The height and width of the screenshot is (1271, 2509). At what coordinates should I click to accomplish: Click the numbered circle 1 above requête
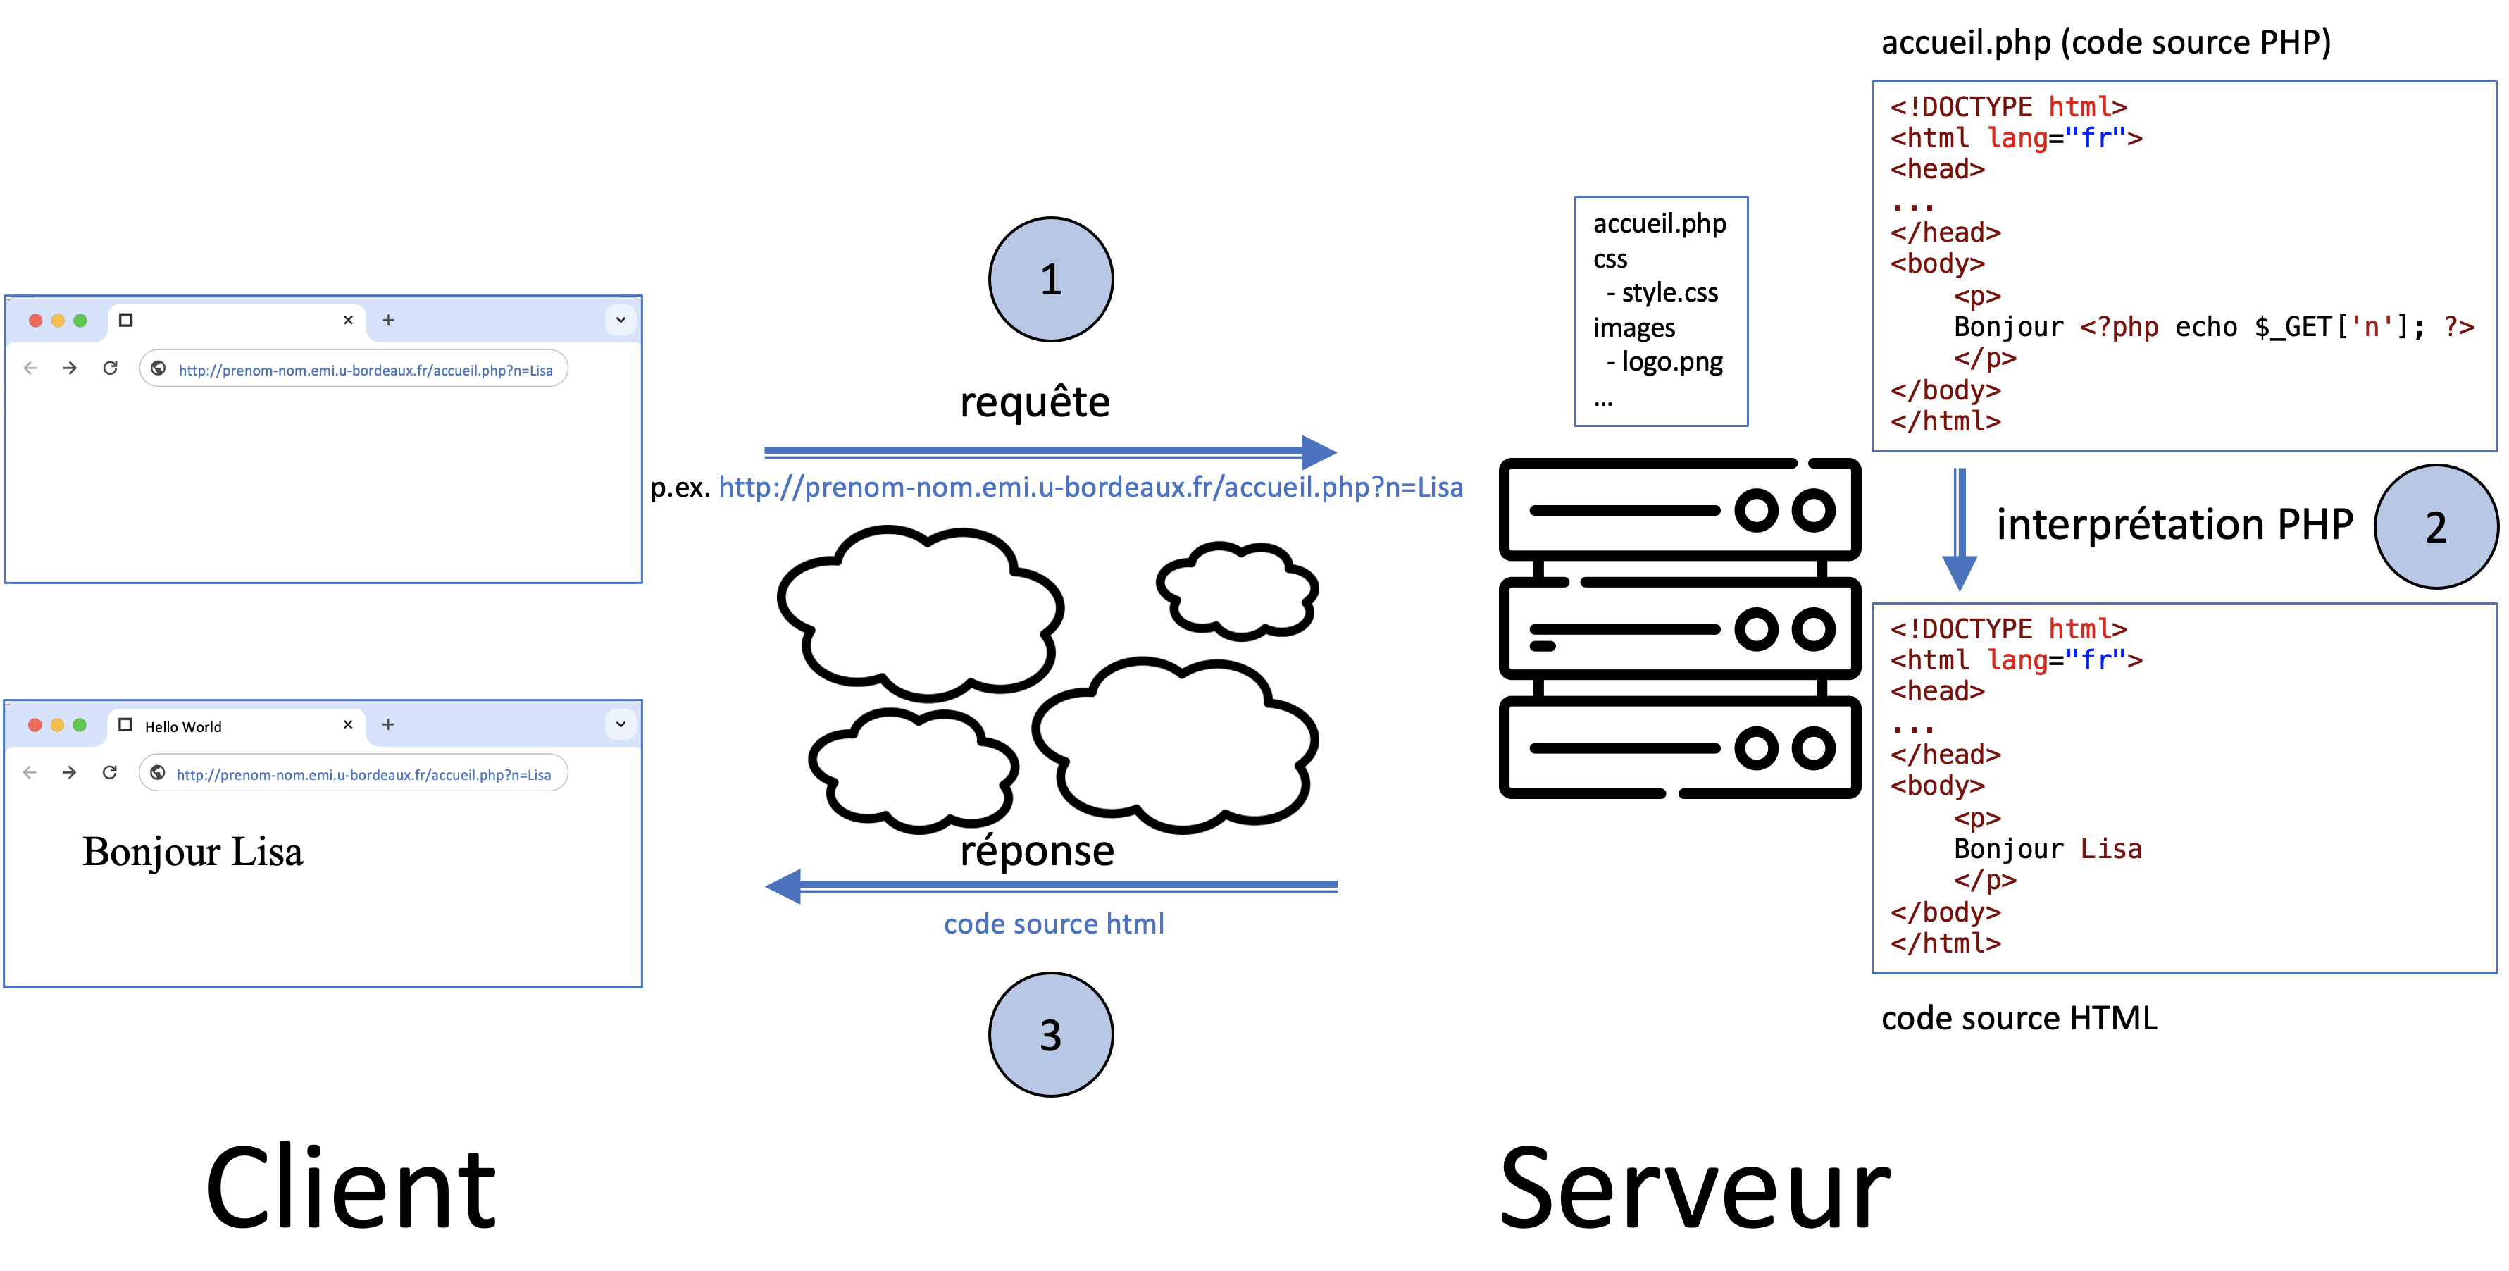click(x=1050, y=280)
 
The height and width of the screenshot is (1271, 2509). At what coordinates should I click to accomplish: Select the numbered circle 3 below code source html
click(x=1050, y=1034)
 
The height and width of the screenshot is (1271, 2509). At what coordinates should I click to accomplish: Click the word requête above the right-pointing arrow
click(x=1034, y=402)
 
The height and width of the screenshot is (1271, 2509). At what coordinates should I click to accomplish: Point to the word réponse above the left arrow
click(x=1036, y=850)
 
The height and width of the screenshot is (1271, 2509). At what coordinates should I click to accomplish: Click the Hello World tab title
click(x=183, y=726)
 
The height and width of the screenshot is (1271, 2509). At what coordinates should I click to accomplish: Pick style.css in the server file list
click(x=1669, y=292)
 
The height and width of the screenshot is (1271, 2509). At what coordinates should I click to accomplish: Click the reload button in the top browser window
click(x=110, y=368)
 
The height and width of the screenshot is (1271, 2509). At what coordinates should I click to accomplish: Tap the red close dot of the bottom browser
click(x=35, y=724)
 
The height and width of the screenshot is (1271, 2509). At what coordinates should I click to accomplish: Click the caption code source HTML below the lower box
click(x=2018, y=1018)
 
